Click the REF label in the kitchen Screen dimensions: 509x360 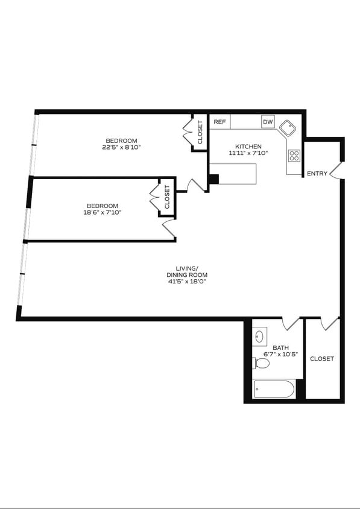pyautogui.click(x=219, y=122)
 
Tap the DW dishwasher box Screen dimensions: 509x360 pyautogui.click(x=268, y=122)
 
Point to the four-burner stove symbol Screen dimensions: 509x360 pyautogui.click(x=294, y=156)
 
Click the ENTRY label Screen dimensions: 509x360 pyautogui.click(x=317, y=174)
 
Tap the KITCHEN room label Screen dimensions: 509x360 pyautogui.click(x=248, y=147)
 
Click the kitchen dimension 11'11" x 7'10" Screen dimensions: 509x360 pyautogui.click(x=248, y=153)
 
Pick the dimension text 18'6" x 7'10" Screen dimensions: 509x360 pyautogui.click(x=101, y=212)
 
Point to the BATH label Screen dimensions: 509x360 pyautogui.click(x=280, y=347)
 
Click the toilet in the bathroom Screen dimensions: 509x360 pyautogui.click(x=262, y=363)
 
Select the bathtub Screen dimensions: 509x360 pyautogui.click(x=274, y=389)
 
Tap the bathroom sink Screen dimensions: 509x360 pyautogui.click(x=261, y=335)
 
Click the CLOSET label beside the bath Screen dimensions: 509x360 pyautogui.click(x=321, y=359)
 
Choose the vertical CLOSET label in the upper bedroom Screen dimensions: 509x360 pyautogui.click(x=200, y=132)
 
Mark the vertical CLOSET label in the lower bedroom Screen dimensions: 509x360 pyautogui.click(x=167, y=197)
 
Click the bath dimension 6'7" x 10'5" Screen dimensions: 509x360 pyautogui.click(x=280, y=354)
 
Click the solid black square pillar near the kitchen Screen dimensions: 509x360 pyautogui.click(x=213, y=179)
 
